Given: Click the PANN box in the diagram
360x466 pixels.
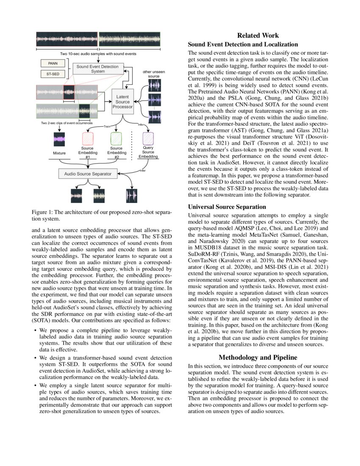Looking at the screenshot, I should (53, 64).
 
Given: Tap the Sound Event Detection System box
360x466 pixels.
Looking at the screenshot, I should (98, 69).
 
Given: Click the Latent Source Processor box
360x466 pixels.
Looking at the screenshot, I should (122, 102).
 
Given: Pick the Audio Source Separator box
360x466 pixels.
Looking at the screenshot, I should (87, 174).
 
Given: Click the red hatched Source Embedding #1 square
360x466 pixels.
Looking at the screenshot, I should (87, 139).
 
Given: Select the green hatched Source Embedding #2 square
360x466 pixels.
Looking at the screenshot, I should (116, 139).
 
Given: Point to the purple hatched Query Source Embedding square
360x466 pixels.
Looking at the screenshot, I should (148, 139).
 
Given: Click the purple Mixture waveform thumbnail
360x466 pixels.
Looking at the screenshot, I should (59, 140).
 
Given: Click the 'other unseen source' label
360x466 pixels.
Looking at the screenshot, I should (154, 74).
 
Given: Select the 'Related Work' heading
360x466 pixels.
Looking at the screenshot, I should (258, 36).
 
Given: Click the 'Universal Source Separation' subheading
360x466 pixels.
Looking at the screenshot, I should (227, 207).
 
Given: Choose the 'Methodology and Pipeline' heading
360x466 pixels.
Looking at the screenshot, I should (258, 358).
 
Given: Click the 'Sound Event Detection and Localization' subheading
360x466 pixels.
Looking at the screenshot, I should (243, 44).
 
